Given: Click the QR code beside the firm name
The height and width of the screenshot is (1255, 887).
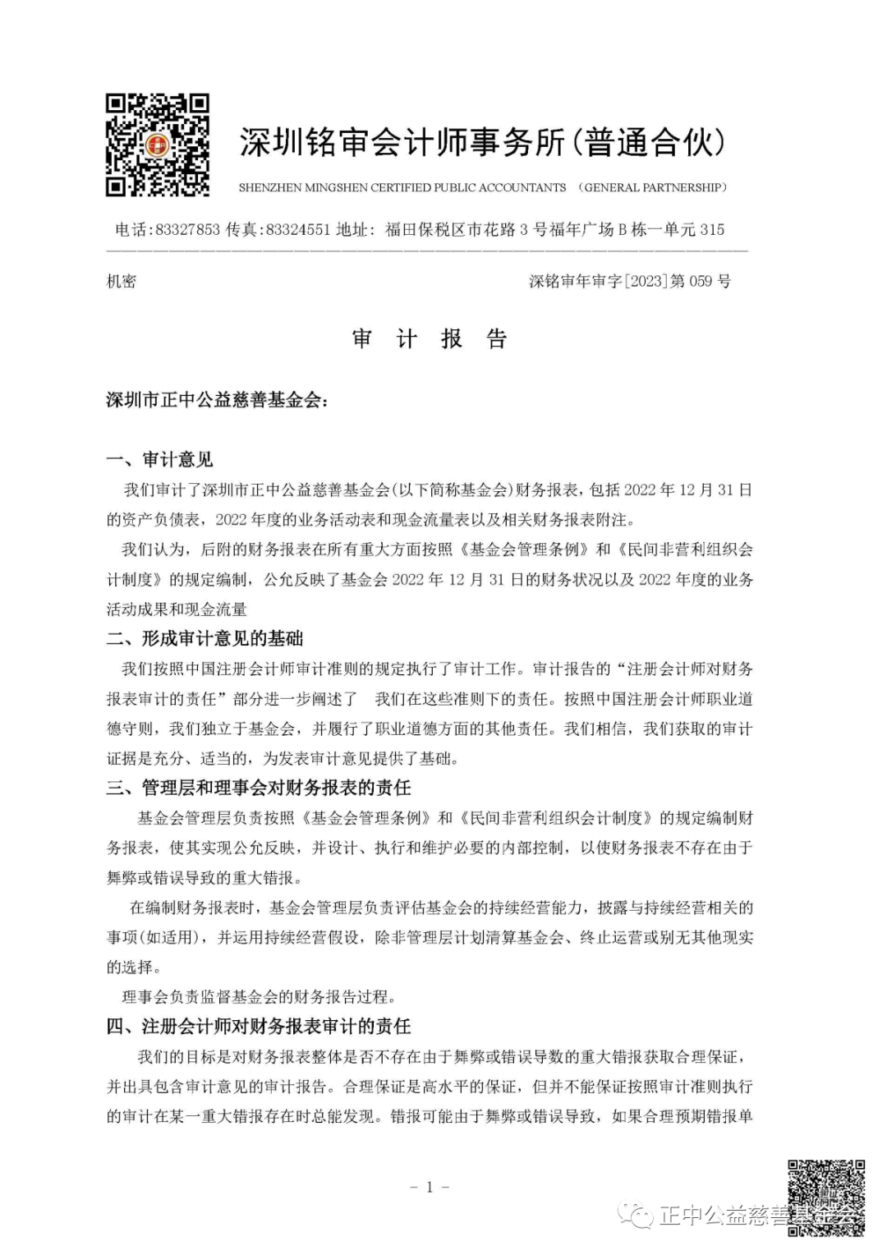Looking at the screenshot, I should click(158, 145).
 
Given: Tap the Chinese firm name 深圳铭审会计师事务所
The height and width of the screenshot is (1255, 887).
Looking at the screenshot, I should click(402, 143).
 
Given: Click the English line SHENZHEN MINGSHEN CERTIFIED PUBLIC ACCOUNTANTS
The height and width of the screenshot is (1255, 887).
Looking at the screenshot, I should click(402, 188).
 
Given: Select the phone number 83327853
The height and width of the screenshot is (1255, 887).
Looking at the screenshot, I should click(188, 230).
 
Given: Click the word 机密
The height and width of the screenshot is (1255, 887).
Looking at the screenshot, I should click(122, 282).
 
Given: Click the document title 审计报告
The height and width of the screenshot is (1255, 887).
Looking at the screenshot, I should click(430, 339).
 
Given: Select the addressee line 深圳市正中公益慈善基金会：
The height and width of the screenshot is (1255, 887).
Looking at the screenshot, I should click(217, 400).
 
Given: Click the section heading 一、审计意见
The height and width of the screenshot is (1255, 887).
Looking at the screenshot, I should click(160, 459).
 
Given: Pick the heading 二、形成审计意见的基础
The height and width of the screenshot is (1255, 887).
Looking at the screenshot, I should click(205, 638).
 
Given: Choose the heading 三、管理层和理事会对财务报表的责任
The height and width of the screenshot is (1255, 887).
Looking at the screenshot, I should click(259, 788).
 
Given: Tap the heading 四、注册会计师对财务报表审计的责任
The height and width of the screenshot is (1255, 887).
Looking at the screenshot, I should click(259, 1026).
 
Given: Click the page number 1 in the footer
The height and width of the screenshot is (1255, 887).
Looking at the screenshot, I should click(429, 1186).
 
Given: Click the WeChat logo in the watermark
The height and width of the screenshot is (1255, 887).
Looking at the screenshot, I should click(637, 1214).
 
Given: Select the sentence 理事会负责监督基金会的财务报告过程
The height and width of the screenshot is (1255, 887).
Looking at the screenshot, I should click(258, 997).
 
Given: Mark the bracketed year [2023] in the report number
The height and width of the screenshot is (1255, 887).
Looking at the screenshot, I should click(645, 282).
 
